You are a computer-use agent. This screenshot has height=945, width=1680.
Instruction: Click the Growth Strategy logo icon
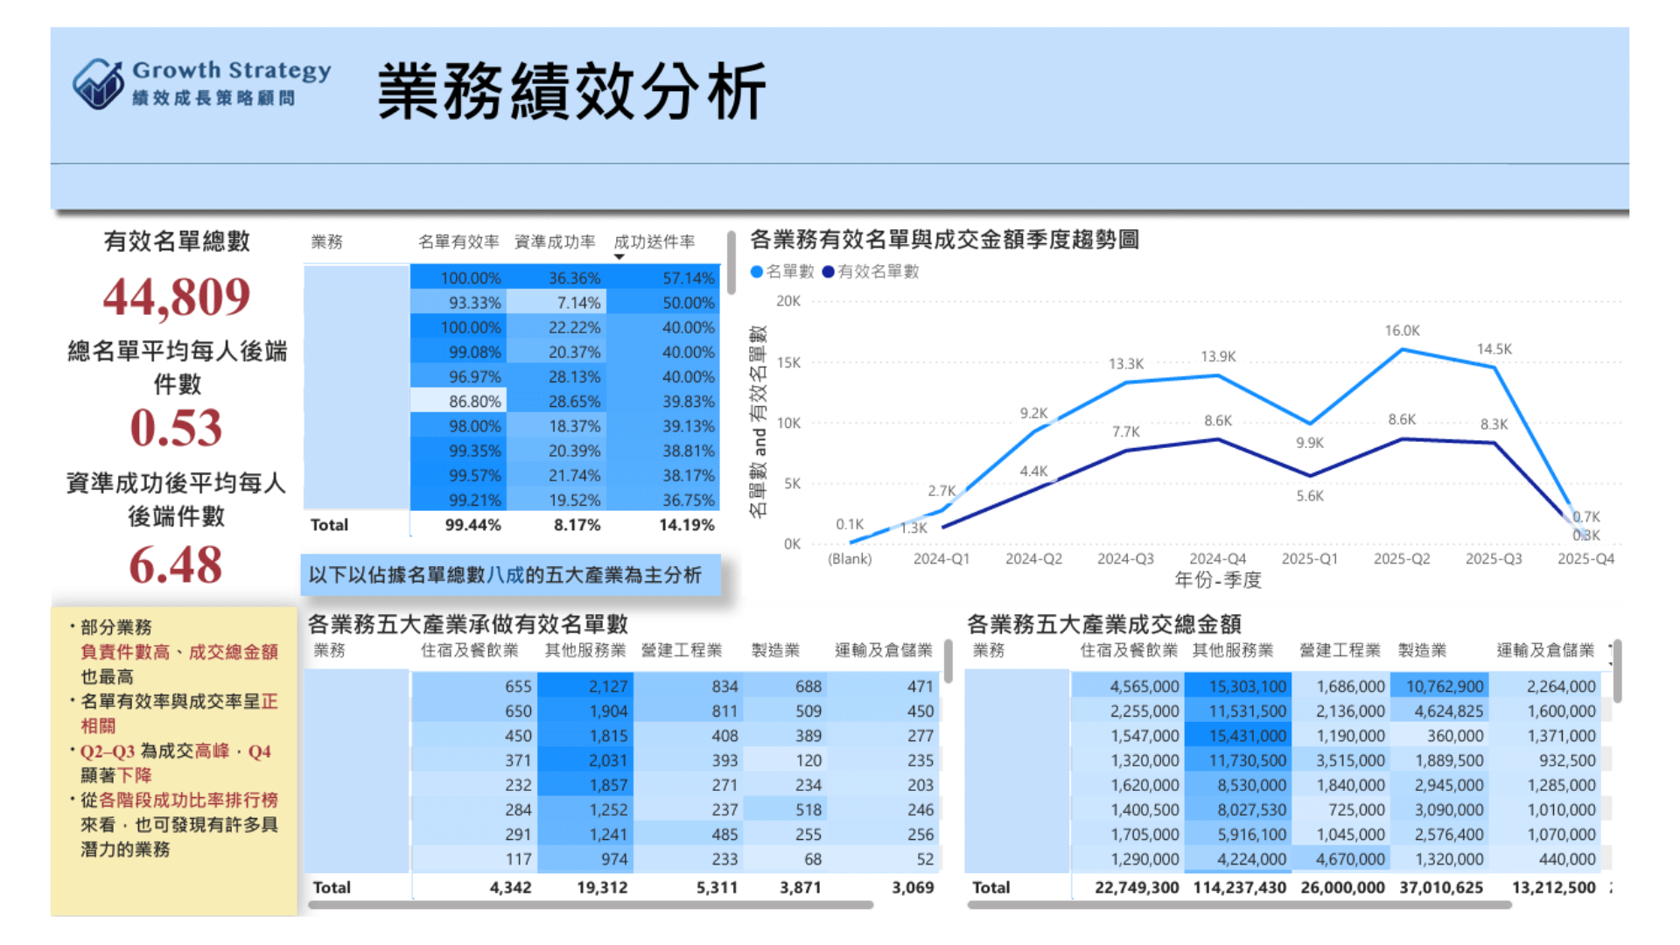coord(98,84)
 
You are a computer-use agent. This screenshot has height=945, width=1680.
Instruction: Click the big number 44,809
coord(177,297)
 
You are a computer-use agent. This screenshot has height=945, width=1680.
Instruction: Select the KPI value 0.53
coord(177,428)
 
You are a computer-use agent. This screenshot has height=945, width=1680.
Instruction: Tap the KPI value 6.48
coord(177,564)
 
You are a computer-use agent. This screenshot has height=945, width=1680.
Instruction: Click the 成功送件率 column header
coord(654,241)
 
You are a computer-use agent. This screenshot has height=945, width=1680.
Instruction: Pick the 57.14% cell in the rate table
coord(688,278)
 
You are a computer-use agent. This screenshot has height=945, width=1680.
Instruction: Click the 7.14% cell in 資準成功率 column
coord(578,303)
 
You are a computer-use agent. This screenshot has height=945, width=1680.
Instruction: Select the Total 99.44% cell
coord(472,525)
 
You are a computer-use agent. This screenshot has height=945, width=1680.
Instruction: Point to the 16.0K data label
coord(1402,331)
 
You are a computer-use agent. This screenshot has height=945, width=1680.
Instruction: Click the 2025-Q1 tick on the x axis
coord(1309,558)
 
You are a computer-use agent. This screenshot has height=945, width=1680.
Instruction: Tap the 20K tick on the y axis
coord(787,301)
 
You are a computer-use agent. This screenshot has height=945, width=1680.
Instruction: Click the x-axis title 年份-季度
coord(1217,580)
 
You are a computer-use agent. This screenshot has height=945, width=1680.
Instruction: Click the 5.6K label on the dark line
coord(1309,496)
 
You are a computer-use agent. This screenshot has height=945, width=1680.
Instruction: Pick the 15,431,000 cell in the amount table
coord(1247,736)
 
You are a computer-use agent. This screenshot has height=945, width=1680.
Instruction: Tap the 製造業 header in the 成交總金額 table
coord(1422,650)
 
